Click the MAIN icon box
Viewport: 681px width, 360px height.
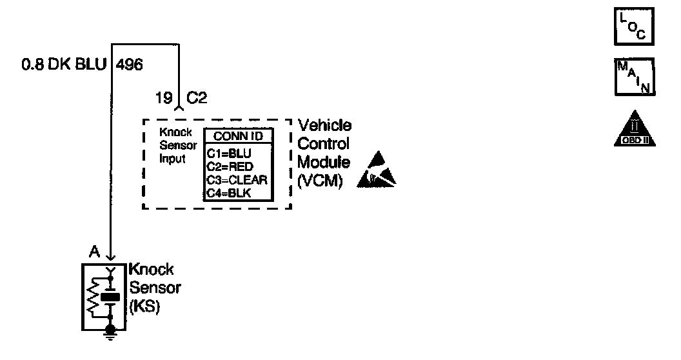[635, 77]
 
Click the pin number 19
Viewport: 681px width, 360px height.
[164, 99]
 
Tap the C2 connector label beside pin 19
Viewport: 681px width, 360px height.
[197, 99]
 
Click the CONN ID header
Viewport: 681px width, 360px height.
[238, 136]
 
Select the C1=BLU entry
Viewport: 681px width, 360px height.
[228, 154]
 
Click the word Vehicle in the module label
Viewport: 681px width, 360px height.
[325, 126]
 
